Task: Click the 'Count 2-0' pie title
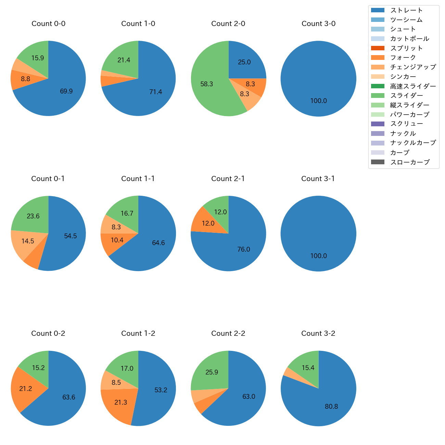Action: [x=228, y=24]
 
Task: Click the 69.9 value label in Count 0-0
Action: [x=66, y=91]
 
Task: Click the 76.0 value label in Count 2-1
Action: [x=243, y=250]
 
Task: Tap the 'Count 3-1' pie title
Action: [x=318, y=179]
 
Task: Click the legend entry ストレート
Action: [x=406, y=10]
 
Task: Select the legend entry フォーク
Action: [x=403, y=58]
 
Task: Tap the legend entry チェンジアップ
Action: [x=413, y=67]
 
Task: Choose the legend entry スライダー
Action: [x=406, y=96]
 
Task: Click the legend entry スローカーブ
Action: [x=410, y=162]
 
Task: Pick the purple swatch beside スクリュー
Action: [x=378, y=124]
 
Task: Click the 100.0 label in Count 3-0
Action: [x=318, y=101]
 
